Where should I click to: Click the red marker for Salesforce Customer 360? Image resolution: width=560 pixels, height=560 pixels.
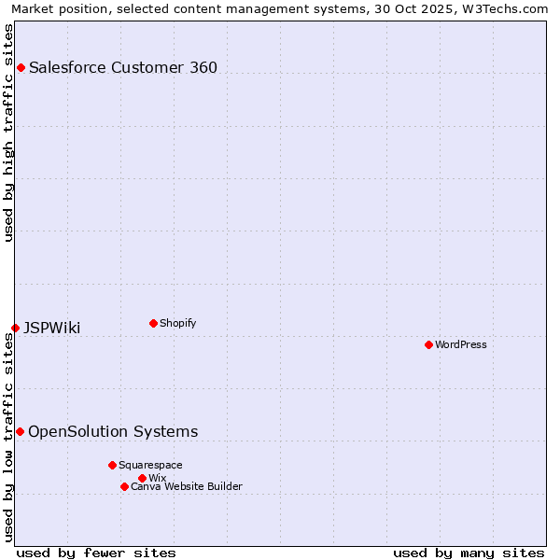21,67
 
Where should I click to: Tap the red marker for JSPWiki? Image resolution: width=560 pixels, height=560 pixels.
16,328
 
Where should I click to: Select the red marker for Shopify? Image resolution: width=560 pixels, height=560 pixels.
153,323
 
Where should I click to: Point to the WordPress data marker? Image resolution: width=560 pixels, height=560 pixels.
428,344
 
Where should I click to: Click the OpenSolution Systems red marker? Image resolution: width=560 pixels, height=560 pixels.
20,431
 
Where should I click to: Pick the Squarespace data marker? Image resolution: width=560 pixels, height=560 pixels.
112,465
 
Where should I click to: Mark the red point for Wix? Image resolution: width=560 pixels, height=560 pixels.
142,478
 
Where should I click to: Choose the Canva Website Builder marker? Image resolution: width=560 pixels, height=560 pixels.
124,486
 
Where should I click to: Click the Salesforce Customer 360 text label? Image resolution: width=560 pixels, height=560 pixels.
123,67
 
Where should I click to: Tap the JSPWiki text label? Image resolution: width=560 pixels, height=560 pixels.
52,328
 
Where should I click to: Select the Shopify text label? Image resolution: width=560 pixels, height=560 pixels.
177,323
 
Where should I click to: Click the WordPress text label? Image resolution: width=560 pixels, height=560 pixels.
461,344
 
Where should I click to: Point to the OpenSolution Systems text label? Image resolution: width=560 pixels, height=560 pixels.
113,431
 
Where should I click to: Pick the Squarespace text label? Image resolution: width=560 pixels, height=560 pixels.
150,465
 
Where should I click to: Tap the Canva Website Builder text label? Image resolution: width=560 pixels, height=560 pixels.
187,486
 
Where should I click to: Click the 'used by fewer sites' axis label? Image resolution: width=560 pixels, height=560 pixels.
96,553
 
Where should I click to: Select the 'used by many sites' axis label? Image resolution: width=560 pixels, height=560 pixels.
469,553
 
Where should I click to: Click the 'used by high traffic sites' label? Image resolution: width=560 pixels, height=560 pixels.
8,133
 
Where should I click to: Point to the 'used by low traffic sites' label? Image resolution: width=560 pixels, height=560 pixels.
8,437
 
